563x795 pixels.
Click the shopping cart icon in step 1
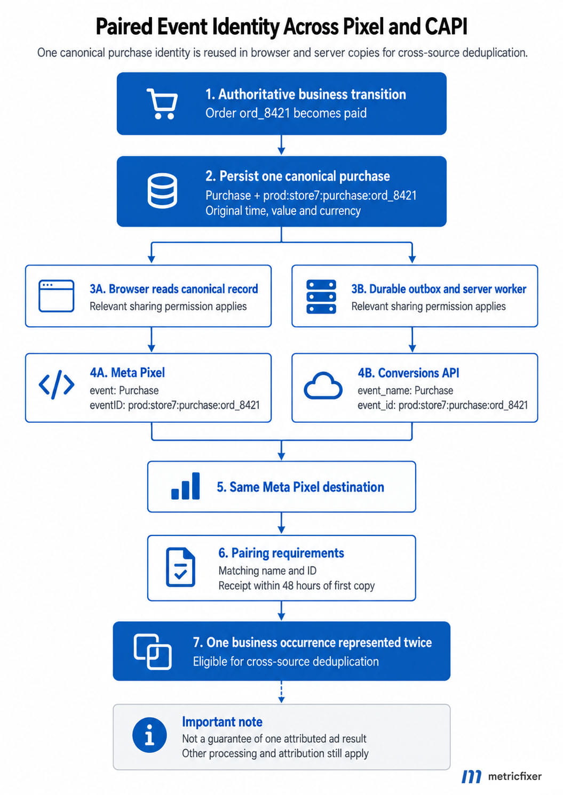pos(162,103)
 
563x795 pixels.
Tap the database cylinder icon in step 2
pos(162,191)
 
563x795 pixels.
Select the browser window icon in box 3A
pos(56,296)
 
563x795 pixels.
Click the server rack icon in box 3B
pos(321,296)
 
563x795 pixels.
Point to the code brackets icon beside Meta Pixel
pos(57,384)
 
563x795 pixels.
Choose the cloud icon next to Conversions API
pos(323,386)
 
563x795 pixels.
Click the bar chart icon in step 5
pos(185,486)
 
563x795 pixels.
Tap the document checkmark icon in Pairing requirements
pos(180,567)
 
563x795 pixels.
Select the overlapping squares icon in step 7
pos(153,652)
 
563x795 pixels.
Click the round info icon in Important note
pos(149,735)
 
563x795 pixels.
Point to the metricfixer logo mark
pos(471,776)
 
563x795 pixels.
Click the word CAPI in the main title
pos(446,27)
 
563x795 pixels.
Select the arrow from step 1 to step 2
pos(281,145)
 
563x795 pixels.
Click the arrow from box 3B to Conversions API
pos(412,340)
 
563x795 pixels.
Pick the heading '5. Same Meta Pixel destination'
pos(300,487)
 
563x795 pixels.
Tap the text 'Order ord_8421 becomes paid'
pos(286,113)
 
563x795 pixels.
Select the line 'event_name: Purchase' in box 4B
pos(405,390)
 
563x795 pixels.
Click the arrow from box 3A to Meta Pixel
pos(152,340)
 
